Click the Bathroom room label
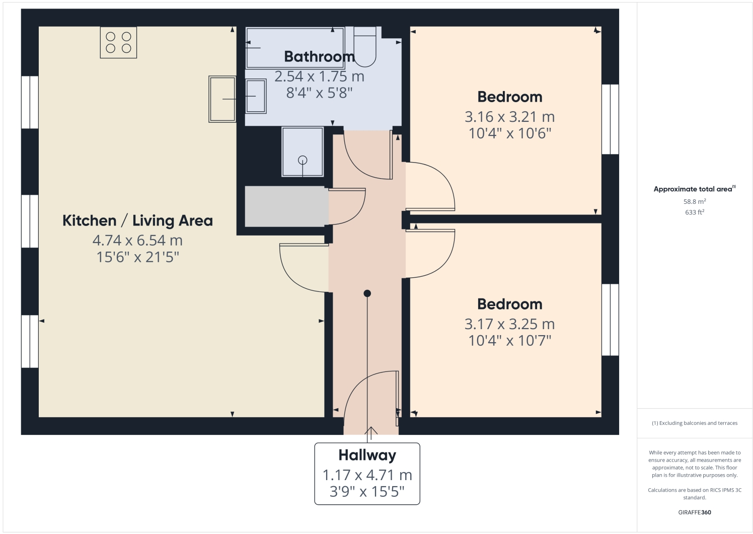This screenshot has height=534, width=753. click(x=319, y=56)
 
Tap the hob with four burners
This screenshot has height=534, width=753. click(x=118, y=42)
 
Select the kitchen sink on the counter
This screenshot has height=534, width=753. click(x=222, y=99)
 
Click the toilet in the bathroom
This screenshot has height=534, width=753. click(x=364, y=48)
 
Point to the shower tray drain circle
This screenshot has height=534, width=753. click(x=303, y=160)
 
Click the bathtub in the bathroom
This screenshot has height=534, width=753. click(x=294, y=48)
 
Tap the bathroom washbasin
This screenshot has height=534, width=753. click(x=256, y=96)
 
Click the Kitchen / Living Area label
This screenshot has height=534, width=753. click(x=137, y=220)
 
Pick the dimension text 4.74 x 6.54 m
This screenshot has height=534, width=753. click(x=137, y=241)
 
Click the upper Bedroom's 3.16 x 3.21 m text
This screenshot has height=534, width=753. click(x=509, y=117)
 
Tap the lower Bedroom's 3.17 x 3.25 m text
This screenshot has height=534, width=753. click(x=509, y=324)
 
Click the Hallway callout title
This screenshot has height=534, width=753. click(x=367, y=455)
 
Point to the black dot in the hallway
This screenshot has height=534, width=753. click(x=367, y=293)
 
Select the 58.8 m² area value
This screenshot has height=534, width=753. click(x=694, y=201)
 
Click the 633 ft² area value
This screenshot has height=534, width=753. click(x=694, y=212)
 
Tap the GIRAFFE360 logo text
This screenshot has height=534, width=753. click(x=694, y=512)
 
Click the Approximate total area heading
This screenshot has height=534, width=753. click(x=693, y=189)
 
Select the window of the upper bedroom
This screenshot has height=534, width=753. click(x=610, y=119)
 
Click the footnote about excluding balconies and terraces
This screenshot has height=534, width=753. click(x=694, y=423)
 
